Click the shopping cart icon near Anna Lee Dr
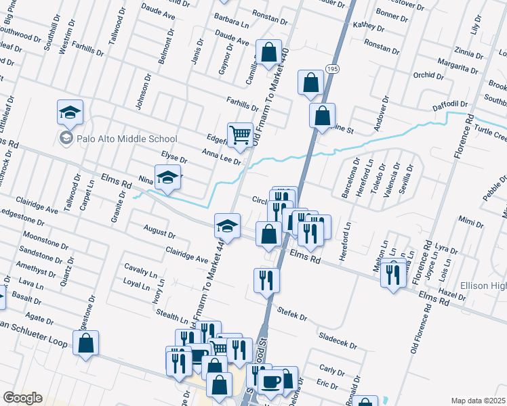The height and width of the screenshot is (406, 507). [240, 135]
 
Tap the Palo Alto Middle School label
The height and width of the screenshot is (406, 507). [118, 139]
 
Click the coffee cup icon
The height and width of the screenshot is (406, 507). [272, 382]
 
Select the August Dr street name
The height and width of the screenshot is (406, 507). [160, 232]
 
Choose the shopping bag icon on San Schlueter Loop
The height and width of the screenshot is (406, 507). [86, 343]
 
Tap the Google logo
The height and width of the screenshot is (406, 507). [22, 397]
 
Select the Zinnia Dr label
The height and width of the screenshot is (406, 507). [469, 51]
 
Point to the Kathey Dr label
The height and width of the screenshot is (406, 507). [369, 27]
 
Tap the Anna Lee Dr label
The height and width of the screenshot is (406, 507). [221, 156]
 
